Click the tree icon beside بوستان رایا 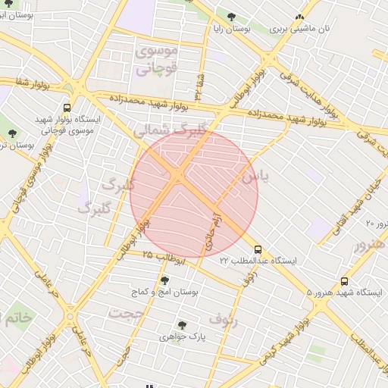tap(231, 17)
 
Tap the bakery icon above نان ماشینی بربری tap(300, 17)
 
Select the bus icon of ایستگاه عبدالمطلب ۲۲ tap(258, 249)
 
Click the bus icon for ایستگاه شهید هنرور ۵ tap(345, 281)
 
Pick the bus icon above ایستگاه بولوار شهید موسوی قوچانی tap(67, 108)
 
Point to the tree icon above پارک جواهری tap(182, 324)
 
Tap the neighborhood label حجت tap(125, 311)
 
